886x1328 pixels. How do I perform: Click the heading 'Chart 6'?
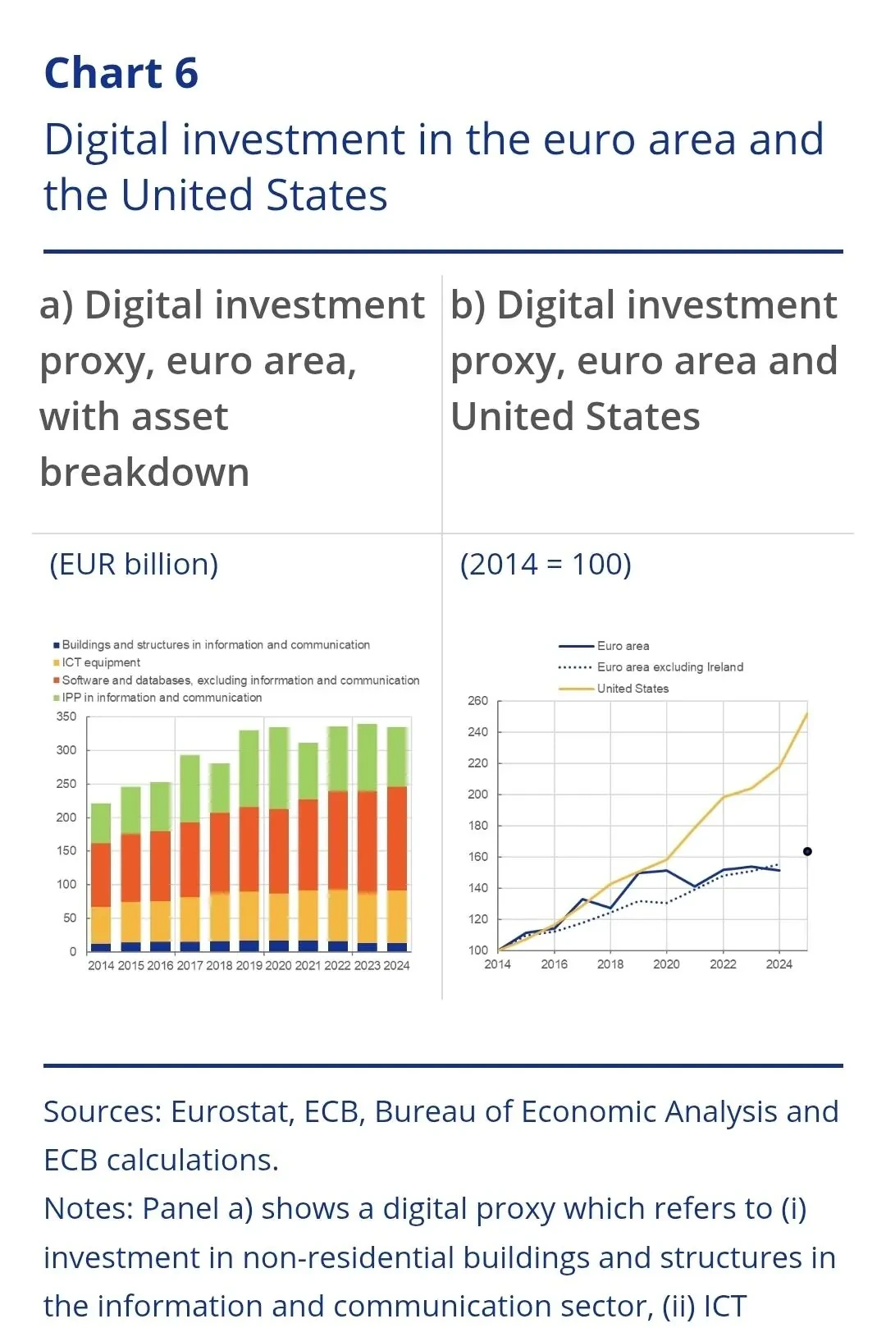(x=121, y=73)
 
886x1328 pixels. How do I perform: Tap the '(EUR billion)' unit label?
(x=134, y=565)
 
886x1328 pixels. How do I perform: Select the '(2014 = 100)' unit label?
(x=546, y=565)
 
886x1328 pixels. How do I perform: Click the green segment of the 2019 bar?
(x=249, y=767)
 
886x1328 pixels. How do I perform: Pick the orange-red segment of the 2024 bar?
(x=397, y=837)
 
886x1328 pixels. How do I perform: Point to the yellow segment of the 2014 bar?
(x=101, y=924)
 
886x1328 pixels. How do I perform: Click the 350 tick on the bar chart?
(x=66, y=717)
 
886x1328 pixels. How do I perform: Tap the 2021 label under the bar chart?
(x=308, y=966)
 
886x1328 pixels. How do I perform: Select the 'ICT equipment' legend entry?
(x=101, y=662)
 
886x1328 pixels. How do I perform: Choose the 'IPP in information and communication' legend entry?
(x=162, y=698)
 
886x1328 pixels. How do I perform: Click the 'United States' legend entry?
(x=633, y=689)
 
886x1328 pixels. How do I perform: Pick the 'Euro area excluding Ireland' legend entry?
(x=669, y=667)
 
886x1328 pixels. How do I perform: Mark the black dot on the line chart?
(x=807, y=852)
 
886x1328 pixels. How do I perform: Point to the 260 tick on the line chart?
(x=477, y=701)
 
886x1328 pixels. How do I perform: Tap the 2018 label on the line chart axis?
(x=610, y=964)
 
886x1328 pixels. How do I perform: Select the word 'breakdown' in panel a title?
(x=144, y=473)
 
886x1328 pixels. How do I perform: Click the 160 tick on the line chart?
(x=477, y=857)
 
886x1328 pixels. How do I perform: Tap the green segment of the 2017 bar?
(x=190, y=788)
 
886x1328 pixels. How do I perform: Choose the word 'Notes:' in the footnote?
(x=89, y=1209)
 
